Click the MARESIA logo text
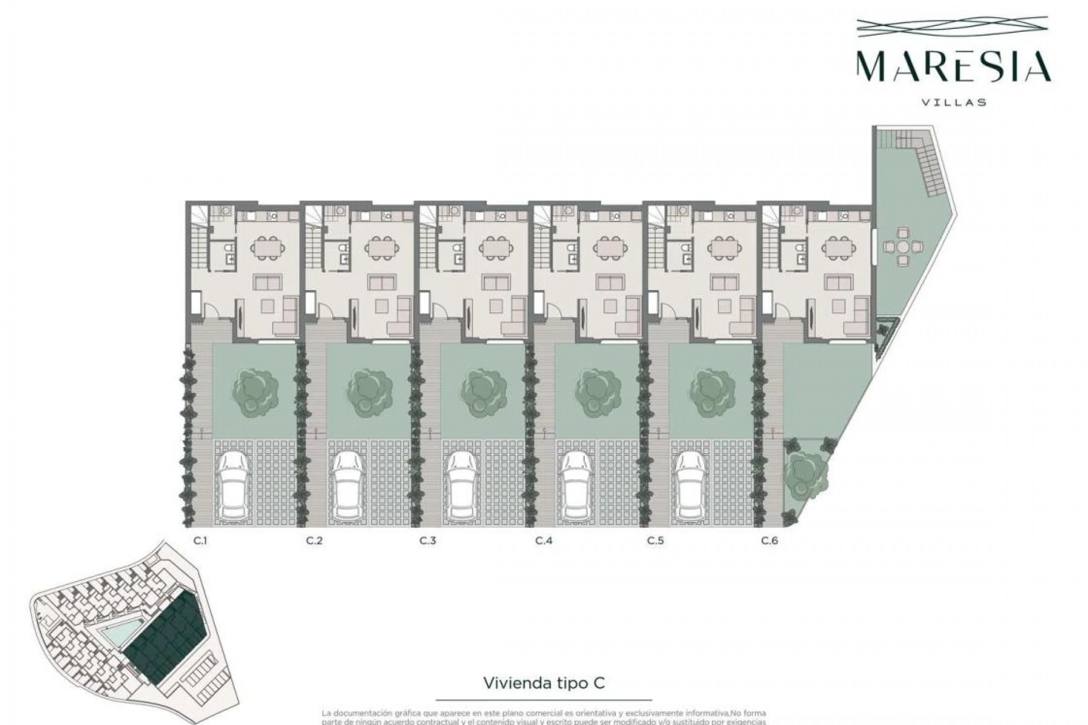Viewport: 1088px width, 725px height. coord(954,67)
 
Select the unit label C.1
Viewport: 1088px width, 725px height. coord(200,540)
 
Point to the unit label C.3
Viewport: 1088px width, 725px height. coord(428,540)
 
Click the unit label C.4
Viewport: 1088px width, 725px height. coord(543,540)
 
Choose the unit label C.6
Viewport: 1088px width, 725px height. coord(770,540)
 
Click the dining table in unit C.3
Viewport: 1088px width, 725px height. coord(496,247)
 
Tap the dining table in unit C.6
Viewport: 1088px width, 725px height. coord(838,247)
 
